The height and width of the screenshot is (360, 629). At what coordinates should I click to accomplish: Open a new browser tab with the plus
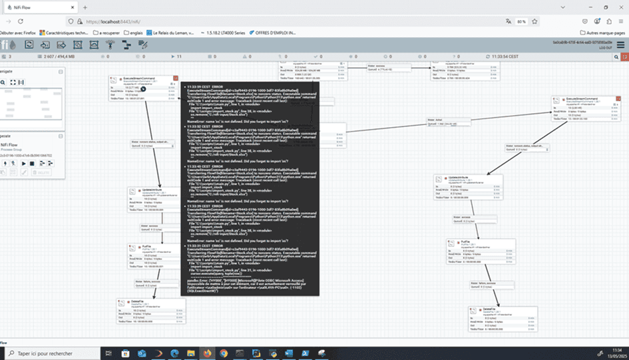click(x=85, y=7)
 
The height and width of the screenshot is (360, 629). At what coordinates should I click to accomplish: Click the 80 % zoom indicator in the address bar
click(x=522, y=21)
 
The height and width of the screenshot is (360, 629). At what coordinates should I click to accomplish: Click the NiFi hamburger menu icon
click(x=620, y=45)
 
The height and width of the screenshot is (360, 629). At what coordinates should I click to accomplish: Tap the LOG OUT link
click(x=606, y=48)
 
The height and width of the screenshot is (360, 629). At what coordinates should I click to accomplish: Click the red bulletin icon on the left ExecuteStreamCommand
click(x=176, y=79)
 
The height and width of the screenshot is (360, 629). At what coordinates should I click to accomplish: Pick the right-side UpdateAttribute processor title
click(x=459, y=178)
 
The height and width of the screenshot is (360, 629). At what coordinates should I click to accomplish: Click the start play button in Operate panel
click(x=24, y=163)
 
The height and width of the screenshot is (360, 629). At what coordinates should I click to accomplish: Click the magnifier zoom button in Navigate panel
click(x=3, y=83)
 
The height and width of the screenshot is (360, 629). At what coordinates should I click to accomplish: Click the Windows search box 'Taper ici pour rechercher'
click(x=47, y=353)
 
